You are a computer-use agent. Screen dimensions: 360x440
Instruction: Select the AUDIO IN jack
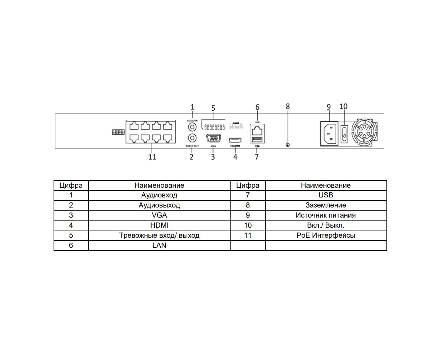[192, 127]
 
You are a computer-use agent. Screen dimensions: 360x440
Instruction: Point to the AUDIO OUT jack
[192, 138]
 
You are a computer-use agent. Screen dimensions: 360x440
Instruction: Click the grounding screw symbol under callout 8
[288, 145]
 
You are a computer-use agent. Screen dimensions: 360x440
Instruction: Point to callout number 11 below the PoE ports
[152, 157]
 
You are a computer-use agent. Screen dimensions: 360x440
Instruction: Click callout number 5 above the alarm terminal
[213, 108]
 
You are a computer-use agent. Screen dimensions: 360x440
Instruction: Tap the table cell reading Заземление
[326, 205]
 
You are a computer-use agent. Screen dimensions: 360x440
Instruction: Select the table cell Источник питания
[326, 215]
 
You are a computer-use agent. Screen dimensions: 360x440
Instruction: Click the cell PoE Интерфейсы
[326, 236]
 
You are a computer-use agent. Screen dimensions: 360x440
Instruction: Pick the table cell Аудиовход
[159, 195]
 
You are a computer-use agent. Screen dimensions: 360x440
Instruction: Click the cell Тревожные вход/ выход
[159, 236]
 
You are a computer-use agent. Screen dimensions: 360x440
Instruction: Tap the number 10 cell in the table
[248, 225]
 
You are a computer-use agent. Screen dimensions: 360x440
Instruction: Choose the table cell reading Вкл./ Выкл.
[326, 225]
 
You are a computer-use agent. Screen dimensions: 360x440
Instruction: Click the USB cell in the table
[326, 195]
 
